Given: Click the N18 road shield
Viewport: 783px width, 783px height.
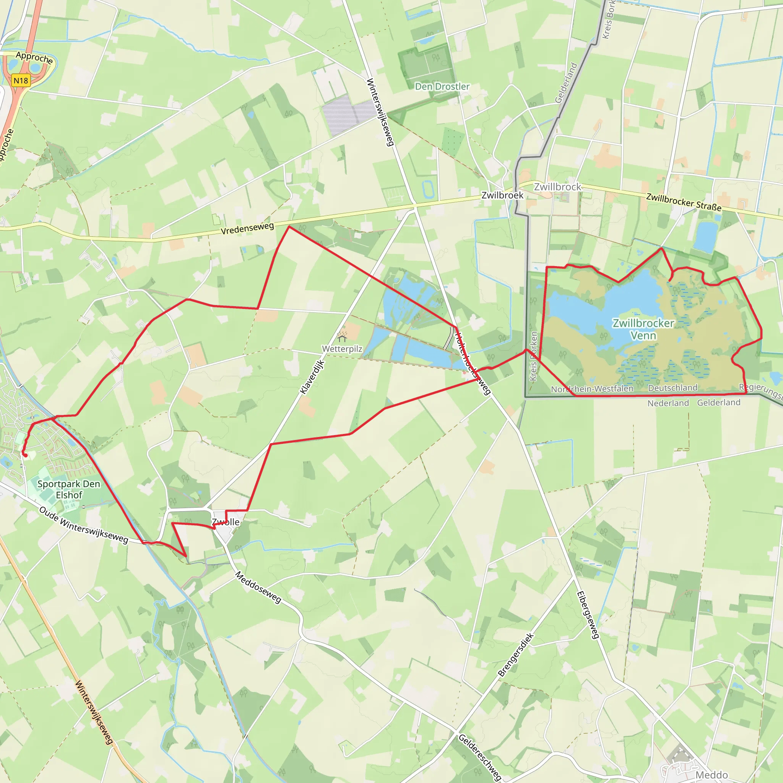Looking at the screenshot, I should [x=21, y=80].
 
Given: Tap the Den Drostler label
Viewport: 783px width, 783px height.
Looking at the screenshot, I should [x=442, y=86].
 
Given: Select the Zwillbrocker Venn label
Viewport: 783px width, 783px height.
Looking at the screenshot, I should [x=643, y=329].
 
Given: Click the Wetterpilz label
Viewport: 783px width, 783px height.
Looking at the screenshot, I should [x=342, y=349].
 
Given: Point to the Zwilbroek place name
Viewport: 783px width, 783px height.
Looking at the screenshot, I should [x=502, y=195].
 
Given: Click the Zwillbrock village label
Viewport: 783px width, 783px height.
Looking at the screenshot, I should [x=558, y=187].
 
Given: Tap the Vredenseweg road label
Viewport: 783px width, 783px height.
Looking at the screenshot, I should [x=247, y=228].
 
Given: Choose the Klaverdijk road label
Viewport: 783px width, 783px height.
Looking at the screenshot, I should [x=312, y=377].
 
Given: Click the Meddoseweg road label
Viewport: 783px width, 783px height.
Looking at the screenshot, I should [x=258, y=587].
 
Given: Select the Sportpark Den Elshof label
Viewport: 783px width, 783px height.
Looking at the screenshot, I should [x=69, y=489].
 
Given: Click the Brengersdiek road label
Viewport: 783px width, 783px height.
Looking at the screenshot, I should [x=516, y=655].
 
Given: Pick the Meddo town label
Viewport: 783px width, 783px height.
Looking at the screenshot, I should [x=711, y=775].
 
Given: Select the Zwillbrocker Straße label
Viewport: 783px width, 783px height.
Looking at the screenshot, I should [x=684, y=202].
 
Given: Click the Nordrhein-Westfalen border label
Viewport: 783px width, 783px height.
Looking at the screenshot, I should [x=592, y=389].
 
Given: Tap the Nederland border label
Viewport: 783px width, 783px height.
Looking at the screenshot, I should [x=668, y=403].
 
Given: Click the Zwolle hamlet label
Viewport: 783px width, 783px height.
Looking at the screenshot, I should [x=226, y=522].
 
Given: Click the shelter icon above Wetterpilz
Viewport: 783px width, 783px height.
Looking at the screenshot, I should [x=342, y=337].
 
